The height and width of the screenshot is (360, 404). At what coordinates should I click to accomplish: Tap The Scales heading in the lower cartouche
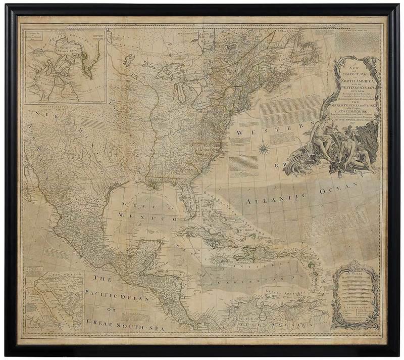pos(352,271)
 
